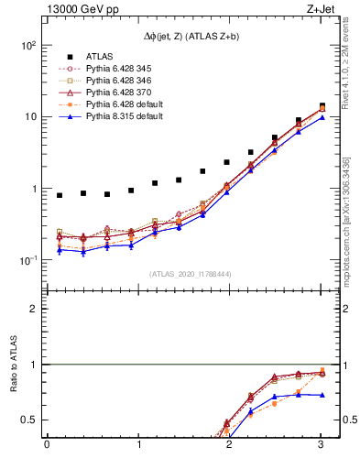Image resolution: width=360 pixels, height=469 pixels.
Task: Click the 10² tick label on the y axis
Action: (27, 45)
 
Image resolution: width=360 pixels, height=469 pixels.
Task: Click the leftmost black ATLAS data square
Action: (60, 195)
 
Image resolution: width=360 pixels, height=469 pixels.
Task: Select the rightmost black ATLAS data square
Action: (322, 106)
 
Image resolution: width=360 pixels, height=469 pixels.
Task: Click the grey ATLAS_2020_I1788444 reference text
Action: (184, 274)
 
